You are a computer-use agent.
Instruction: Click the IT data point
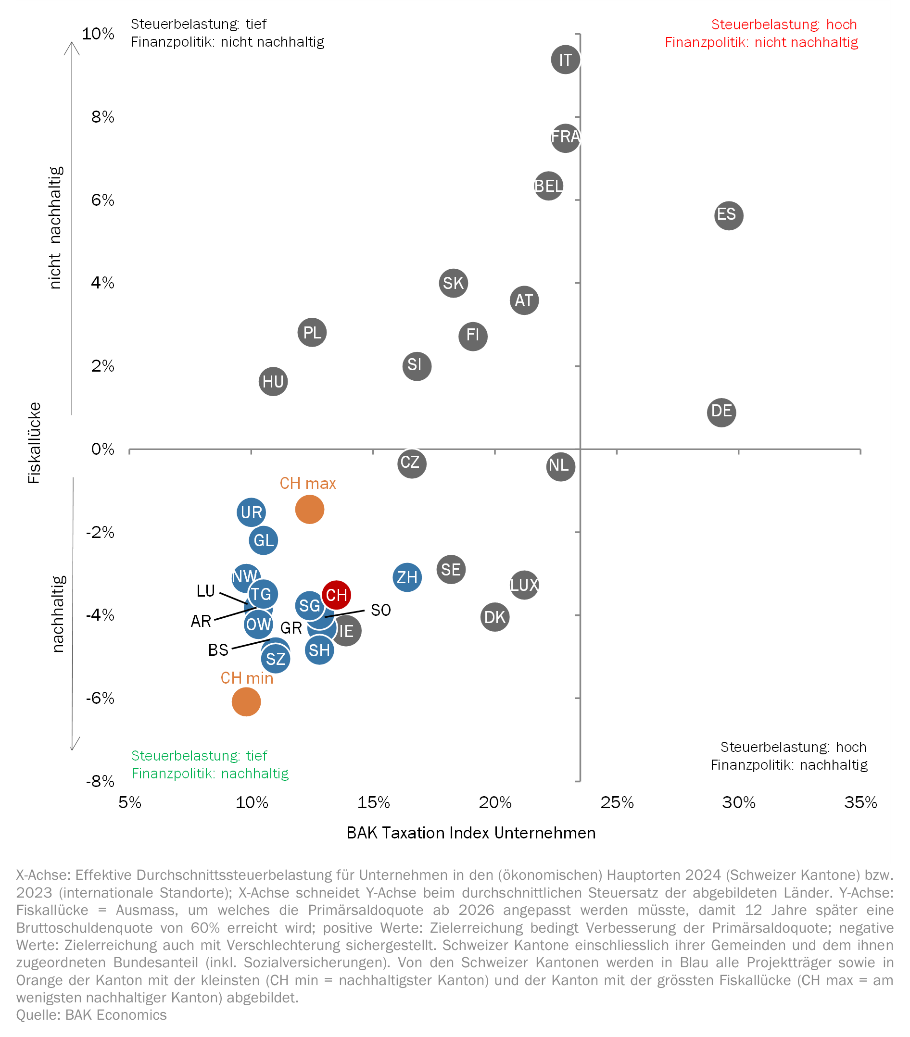pos(566,60)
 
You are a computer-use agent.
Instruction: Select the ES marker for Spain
pos(728,215)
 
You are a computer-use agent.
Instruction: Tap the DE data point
pos(721,412)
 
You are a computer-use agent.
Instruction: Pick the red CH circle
pos(336,595)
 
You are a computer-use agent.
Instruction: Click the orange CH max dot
pos(310,510)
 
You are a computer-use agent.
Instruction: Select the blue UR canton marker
pos(251,512)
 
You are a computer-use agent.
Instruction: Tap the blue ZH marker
pos(407,577)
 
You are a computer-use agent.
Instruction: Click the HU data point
pos(273,382)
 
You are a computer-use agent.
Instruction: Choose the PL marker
pos(312,333)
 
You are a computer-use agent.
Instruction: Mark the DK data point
pos(495,617)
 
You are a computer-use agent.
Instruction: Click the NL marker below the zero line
pos(560,466)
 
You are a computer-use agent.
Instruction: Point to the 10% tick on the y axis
pos(99,34)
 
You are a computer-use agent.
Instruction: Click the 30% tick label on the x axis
pos(738,802)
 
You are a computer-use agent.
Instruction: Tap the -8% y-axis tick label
pos(100,781)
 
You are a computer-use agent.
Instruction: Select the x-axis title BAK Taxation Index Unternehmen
pos(470,833)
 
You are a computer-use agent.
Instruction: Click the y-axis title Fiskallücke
pos(34,443)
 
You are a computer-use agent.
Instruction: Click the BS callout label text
pos(218,650)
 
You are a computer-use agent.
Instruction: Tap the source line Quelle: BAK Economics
pos(91,1015)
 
